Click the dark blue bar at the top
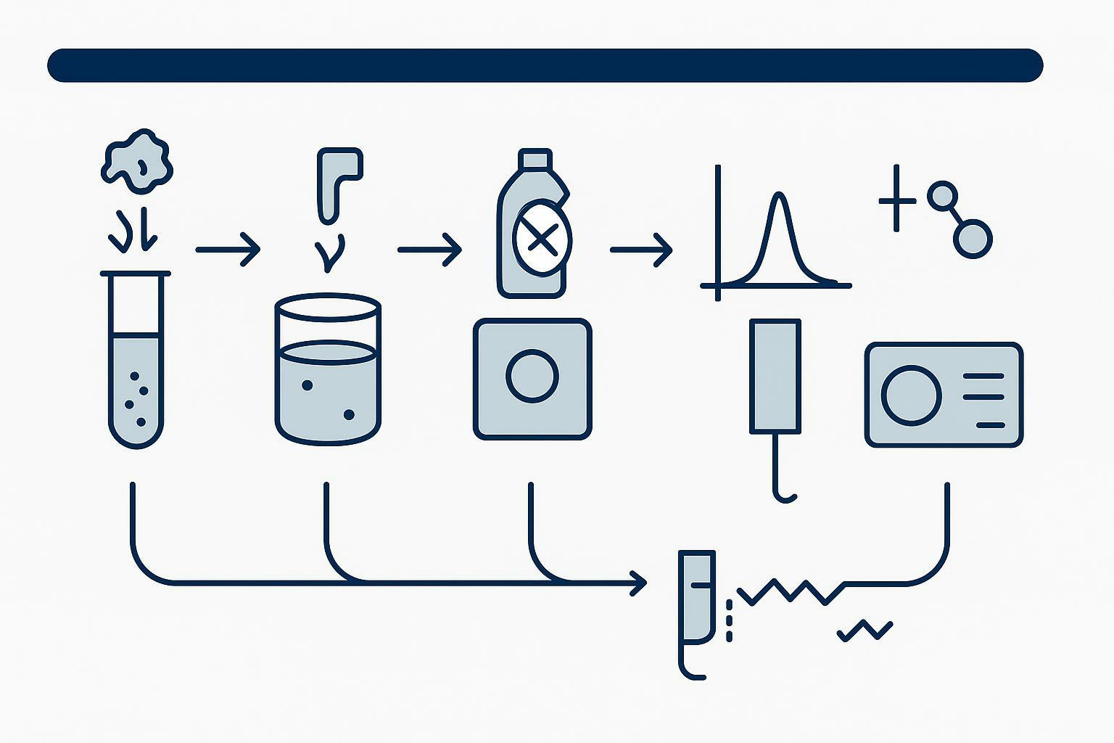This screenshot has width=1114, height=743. click(544, 65)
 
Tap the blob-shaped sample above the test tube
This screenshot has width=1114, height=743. click(137, 162)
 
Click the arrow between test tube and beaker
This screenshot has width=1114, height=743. click(228, 250)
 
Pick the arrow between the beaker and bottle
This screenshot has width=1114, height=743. click(429, 250)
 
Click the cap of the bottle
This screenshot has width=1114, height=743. click(535, 159)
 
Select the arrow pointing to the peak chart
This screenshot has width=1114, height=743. click(641, 250)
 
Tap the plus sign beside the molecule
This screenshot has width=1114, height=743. click(897, 199)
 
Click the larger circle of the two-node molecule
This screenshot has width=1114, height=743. click(972, 239)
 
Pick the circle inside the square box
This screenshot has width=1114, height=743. click(532, 376)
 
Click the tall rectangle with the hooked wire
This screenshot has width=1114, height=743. click(775, 376)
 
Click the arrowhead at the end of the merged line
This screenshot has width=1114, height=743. click(640, 582)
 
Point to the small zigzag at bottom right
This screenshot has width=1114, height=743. click(865, 631)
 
